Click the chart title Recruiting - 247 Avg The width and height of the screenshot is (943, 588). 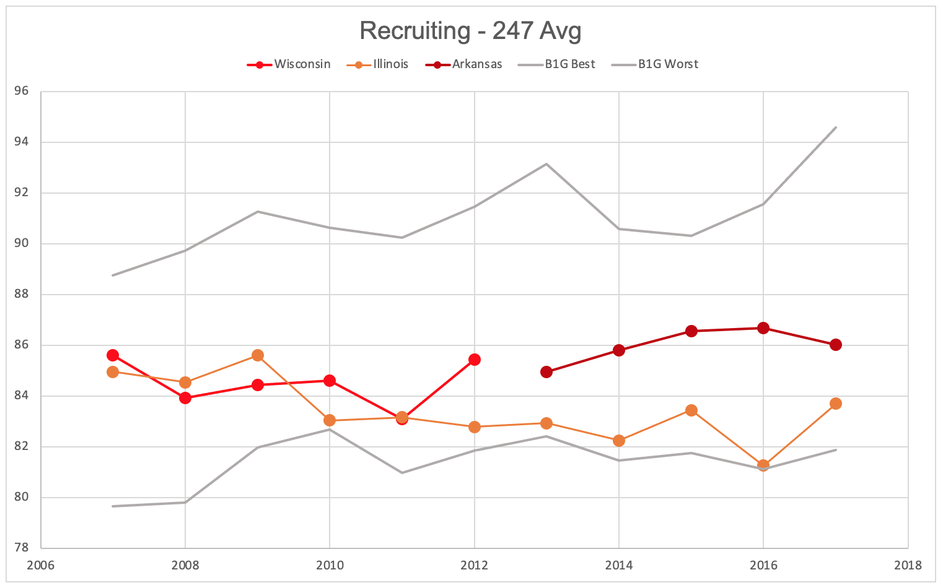pos(470,31)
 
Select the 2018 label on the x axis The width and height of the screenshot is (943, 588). pos(908,565)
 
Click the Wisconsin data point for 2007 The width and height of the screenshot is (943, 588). pos(113,355)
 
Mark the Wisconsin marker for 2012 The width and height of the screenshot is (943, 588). pos(475,360)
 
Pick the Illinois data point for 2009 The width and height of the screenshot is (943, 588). pos(258,355)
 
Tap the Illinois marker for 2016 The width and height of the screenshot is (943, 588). pos(763,465)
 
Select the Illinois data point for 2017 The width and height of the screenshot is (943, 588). pos(836,404)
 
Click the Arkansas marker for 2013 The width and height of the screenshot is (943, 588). pos(546,372)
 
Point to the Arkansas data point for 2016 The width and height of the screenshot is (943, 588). pos(763,328)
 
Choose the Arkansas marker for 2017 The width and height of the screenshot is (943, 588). pos(836,345)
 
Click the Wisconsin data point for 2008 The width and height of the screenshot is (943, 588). pos(185,398)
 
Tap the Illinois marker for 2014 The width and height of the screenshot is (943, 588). pos(619,441)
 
